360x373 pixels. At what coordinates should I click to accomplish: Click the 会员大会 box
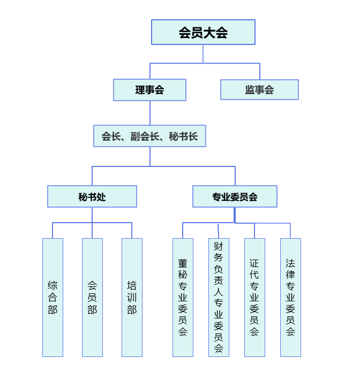click(203, 32)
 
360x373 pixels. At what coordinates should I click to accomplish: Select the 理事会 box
click(149, 90)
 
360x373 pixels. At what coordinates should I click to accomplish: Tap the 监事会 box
click(259, 90)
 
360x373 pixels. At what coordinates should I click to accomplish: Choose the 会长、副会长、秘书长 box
click(149, 136)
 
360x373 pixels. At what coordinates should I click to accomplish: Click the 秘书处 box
click(92, 196)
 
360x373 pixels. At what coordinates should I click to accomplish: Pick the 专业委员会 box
click(235, 196)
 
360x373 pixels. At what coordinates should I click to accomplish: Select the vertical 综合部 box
click(52, 298)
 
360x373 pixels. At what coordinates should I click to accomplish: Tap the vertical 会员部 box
click(92, 298)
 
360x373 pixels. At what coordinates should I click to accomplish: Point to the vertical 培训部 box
click(132, 298)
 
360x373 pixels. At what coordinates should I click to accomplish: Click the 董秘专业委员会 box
click(183, 298)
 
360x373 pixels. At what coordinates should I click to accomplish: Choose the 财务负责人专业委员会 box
click(219, 298)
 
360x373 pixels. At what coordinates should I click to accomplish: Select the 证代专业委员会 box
click(254, 298)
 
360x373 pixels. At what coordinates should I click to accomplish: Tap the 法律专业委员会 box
click(290, 298)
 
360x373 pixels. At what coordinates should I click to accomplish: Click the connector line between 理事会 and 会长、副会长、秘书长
click(150, 112)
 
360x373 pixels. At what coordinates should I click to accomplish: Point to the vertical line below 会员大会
click(203, 54)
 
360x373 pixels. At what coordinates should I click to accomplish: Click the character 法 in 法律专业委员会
click(290, 263)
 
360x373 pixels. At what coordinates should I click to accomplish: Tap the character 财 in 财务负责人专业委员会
click(219, 247)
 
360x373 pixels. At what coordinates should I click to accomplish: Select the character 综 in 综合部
click(52, 285)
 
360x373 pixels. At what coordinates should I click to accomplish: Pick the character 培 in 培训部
click(132, 285)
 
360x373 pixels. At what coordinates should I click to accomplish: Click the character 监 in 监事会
click(250, 90)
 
